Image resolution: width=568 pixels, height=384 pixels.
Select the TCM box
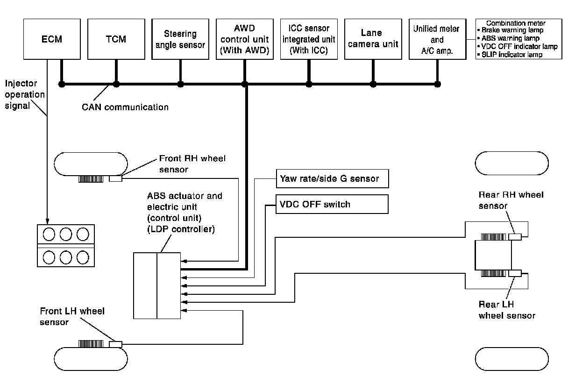pos(116,39)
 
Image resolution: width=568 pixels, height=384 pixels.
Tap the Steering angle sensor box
pos(180,39)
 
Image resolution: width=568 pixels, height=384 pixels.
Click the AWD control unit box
pos(244,39)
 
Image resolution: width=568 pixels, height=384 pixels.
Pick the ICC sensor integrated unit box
pos(308,39)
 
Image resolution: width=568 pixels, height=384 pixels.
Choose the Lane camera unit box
pos(373,39)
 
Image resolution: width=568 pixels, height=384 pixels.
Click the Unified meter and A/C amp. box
pos(437,39)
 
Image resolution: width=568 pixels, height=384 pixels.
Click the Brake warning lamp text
pos(512,30)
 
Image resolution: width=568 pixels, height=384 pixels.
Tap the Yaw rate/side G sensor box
pos(332,178)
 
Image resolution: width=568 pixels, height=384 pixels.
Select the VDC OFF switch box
pos(332,204)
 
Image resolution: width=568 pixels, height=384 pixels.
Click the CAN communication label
pos(125,107)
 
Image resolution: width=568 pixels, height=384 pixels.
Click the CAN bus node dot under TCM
pos(116,84)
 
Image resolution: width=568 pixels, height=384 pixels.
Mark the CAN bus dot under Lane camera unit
pos(373,84)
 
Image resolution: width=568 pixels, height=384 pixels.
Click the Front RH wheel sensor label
pos(192,164)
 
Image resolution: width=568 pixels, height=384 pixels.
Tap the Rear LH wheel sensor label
pos(507,310)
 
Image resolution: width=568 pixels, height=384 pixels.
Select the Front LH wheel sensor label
pos(72,316)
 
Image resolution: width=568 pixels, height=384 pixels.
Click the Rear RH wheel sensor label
pos(511,199)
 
